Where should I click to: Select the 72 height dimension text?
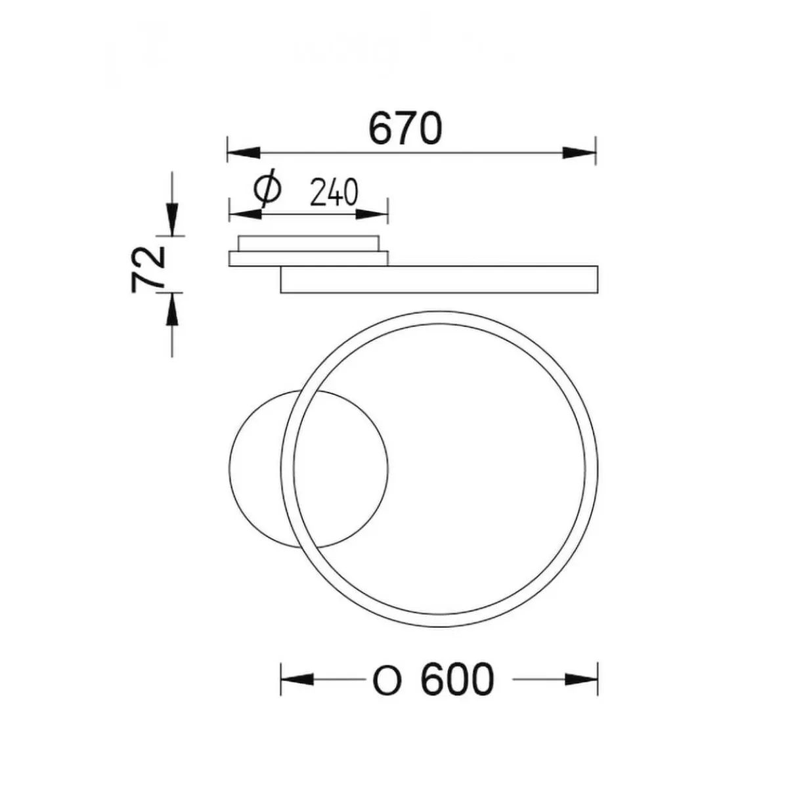pyautogui.click(x=148, y=269)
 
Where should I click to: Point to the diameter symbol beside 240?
pyautogui.click(x=268, y=189)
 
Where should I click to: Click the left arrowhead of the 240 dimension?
pyautogui.click(x=246, y=213)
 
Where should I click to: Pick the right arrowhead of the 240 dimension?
pyautogui.click(x=371, y=213)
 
